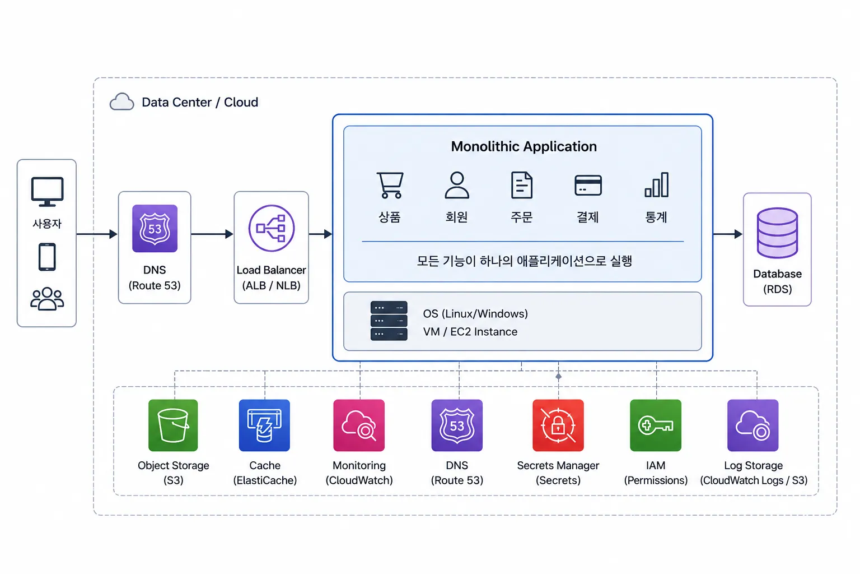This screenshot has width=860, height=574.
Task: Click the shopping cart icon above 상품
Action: [x=390, y=185]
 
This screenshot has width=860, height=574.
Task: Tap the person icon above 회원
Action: [x=457, y=185]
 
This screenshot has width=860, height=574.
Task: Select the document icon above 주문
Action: [x=522, y=185]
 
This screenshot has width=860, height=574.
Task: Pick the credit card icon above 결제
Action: [x=588, y=186]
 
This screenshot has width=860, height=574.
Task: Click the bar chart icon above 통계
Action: [x=657, y=185]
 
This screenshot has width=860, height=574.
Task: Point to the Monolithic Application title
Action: [x=524, y=146]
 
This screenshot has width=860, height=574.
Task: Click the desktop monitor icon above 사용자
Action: [x=47, y=192]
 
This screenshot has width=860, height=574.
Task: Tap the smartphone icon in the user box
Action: [x=47, y=257]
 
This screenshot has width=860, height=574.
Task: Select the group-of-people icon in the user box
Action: [x=47, y=298]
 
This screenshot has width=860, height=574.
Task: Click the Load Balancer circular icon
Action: [x=272, y=228]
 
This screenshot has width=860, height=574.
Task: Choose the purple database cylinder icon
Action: [x=778, y=233]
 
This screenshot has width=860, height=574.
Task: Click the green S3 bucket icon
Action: [x=173, y=425]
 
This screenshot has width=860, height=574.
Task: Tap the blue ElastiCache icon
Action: [x=264, y=425]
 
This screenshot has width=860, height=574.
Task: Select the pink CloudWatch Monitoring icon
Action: [x=359, y=425]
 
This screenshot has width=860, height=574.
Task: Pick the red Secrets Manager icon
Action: [x=558, y=425]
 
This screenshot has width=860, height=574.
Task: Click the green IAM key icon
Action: [x=656, y=425]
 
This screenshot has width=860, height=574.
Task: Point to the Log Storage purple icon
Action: [x=753, y=425]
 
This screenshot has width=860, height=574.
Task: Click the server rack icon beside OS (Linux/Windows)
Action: [x=389, y=321]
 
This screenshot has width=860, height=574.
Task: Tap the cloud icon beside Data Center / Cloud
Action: [x=121, y=101]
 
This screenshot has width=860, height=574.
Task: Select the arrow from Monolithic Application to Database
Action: [x=728, y=234]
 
